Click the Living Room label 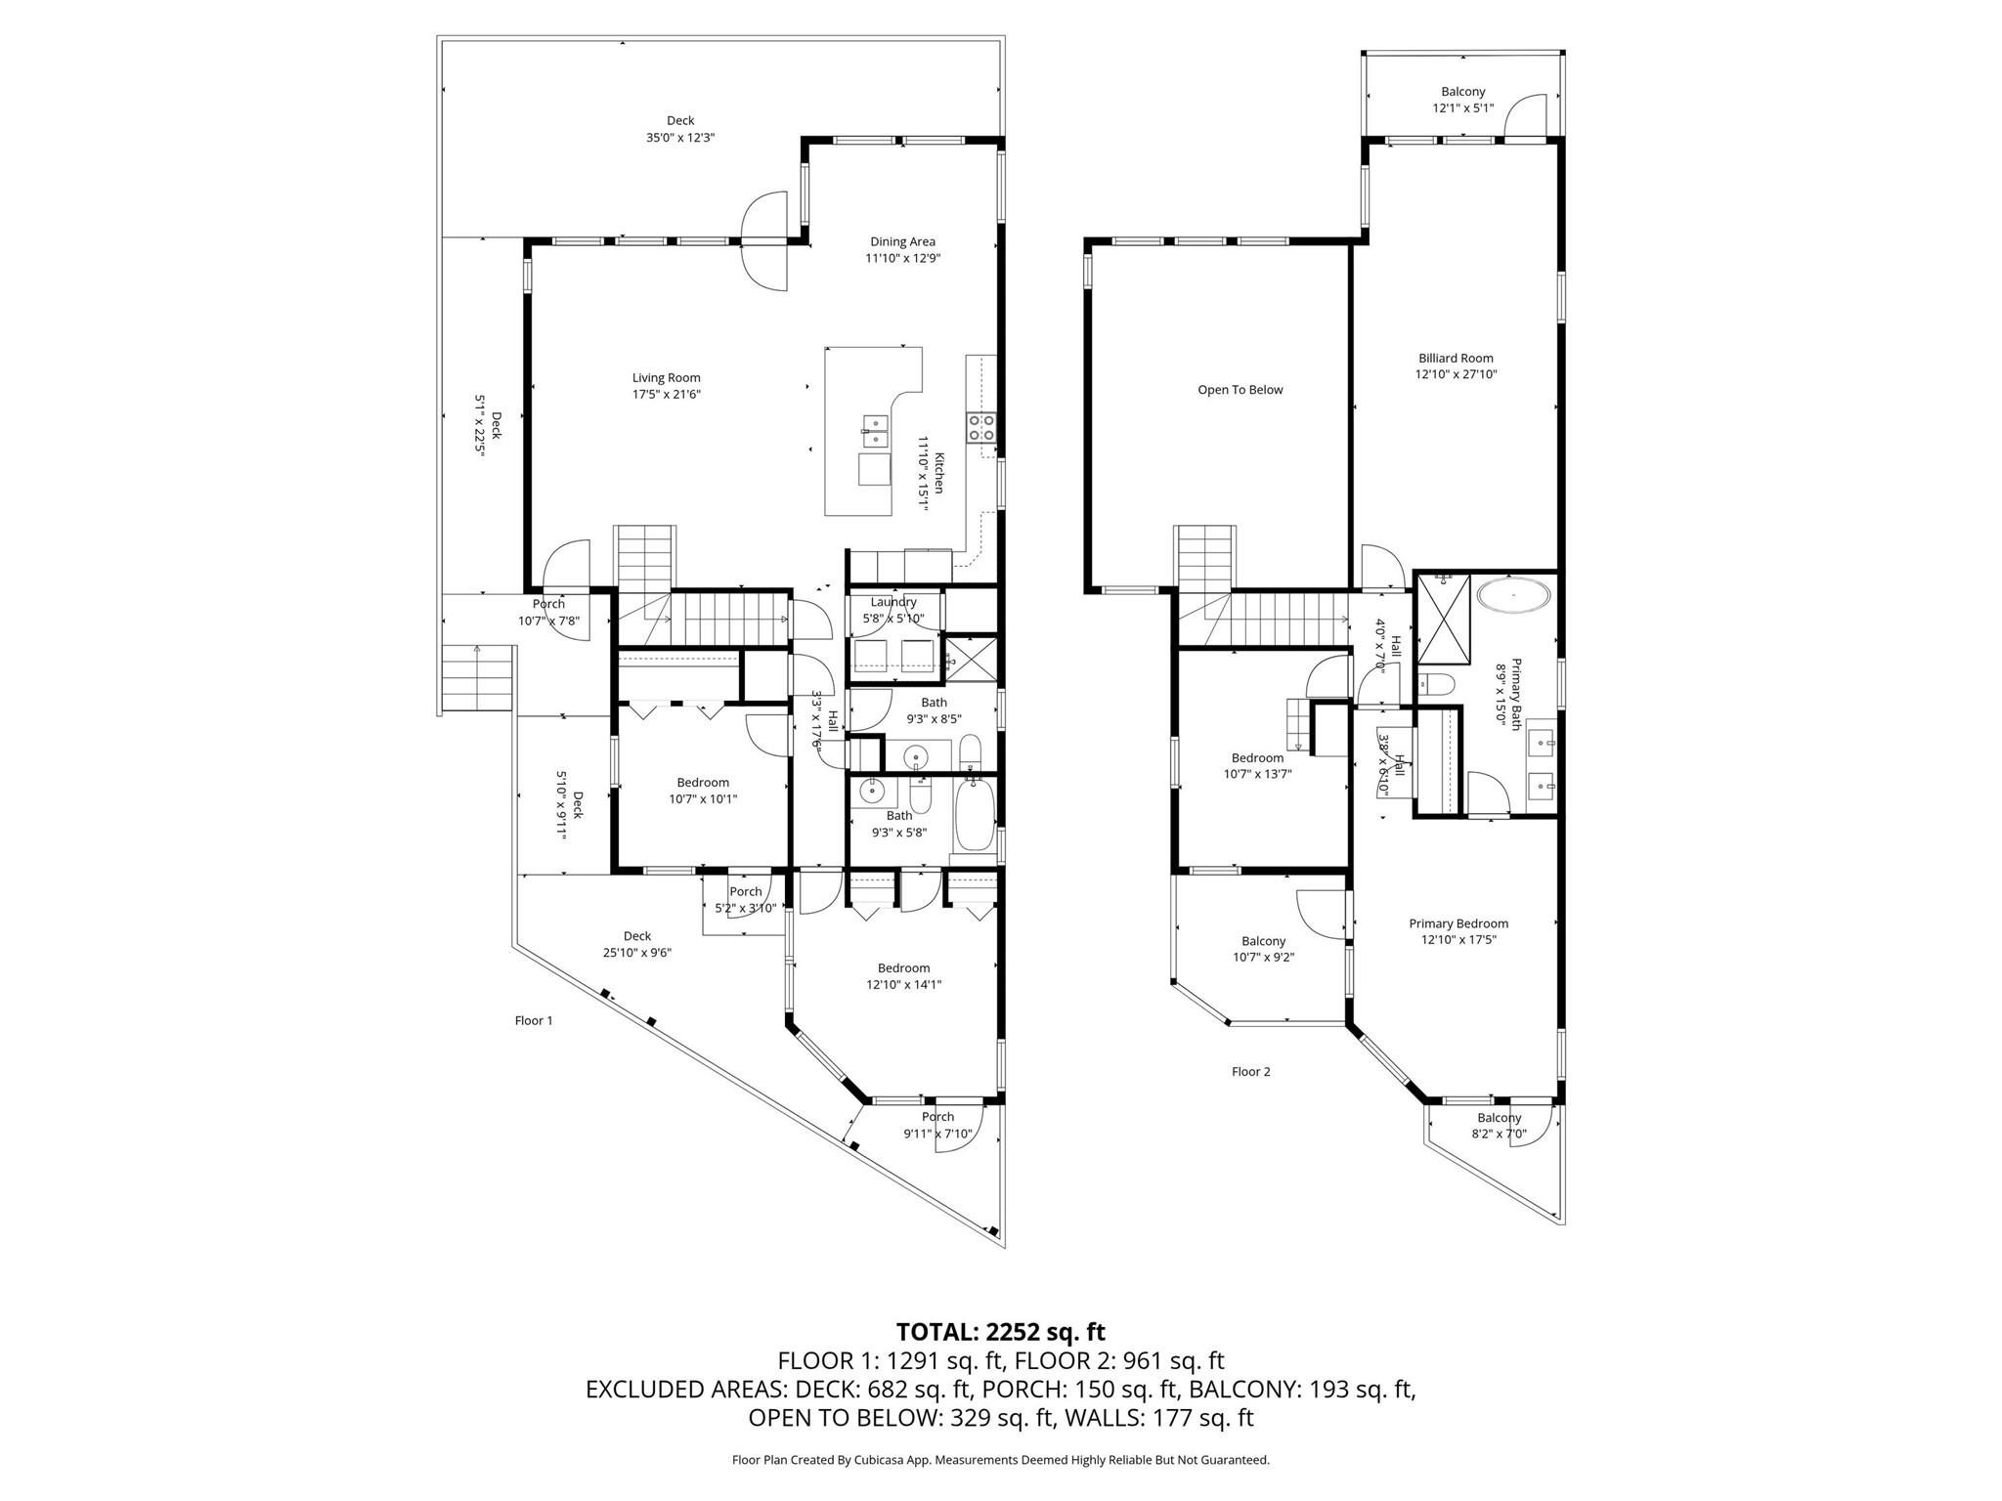point(666,378)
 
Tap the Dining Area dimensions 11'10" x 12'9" point(902,259)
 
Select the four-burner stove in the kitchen point(981,427)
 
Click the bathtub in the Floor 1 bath point(974,815)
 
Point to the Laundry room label point(893,602)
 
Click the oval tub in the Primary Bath point(1513,595)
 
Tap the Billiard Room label point(1456,359)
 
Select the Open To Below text point(1240,390)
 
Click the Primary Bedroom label point(1458,923)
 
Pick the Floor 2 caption point(1250,1072)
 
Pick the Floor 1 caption point(534,1021)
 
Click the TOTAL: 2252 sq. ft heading point(1000,1332)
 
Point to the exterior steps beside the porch point(478,680)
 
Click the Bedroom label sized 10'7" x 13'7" point(1257,758)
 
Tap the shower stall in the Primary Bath point(1444,619)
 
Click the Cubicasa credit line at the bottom point(1000,1460)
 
